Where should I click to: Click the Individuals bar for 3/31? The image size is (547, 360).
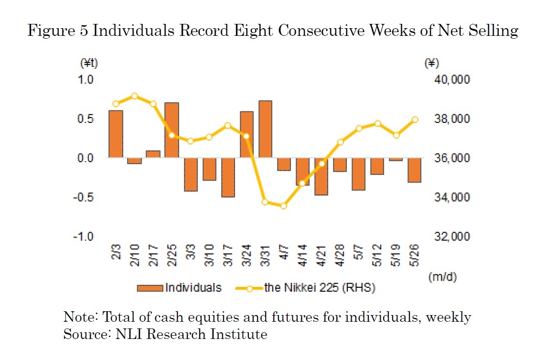[x=265, y=129]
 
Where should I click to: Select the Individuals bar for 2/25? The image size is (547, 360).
[x=172, y=130]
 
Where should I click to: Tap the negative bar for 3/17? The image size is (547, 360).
[x=228, y=177]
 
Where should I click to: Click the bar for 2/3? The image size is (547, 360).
[x=116, y=134]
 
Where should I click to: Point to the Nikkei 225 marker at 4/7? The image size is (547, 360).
[x=284, y=206]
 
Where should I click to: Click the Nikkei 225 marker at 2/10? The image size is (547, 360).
[x=134, y=96]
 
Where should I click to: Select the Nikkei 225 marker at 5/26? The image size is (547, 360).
[x=415, y=120]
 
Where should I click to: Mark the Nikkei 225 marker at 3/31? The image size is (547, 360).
[x=265, y=202]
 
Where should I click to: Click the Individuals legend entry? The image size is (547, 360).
[x=180, y=288]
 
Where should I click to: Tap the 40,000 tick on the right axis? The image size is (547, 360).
[x=448, y=79]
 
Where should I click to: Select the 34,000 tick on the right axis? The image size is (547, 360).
[x=448, y=197]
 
